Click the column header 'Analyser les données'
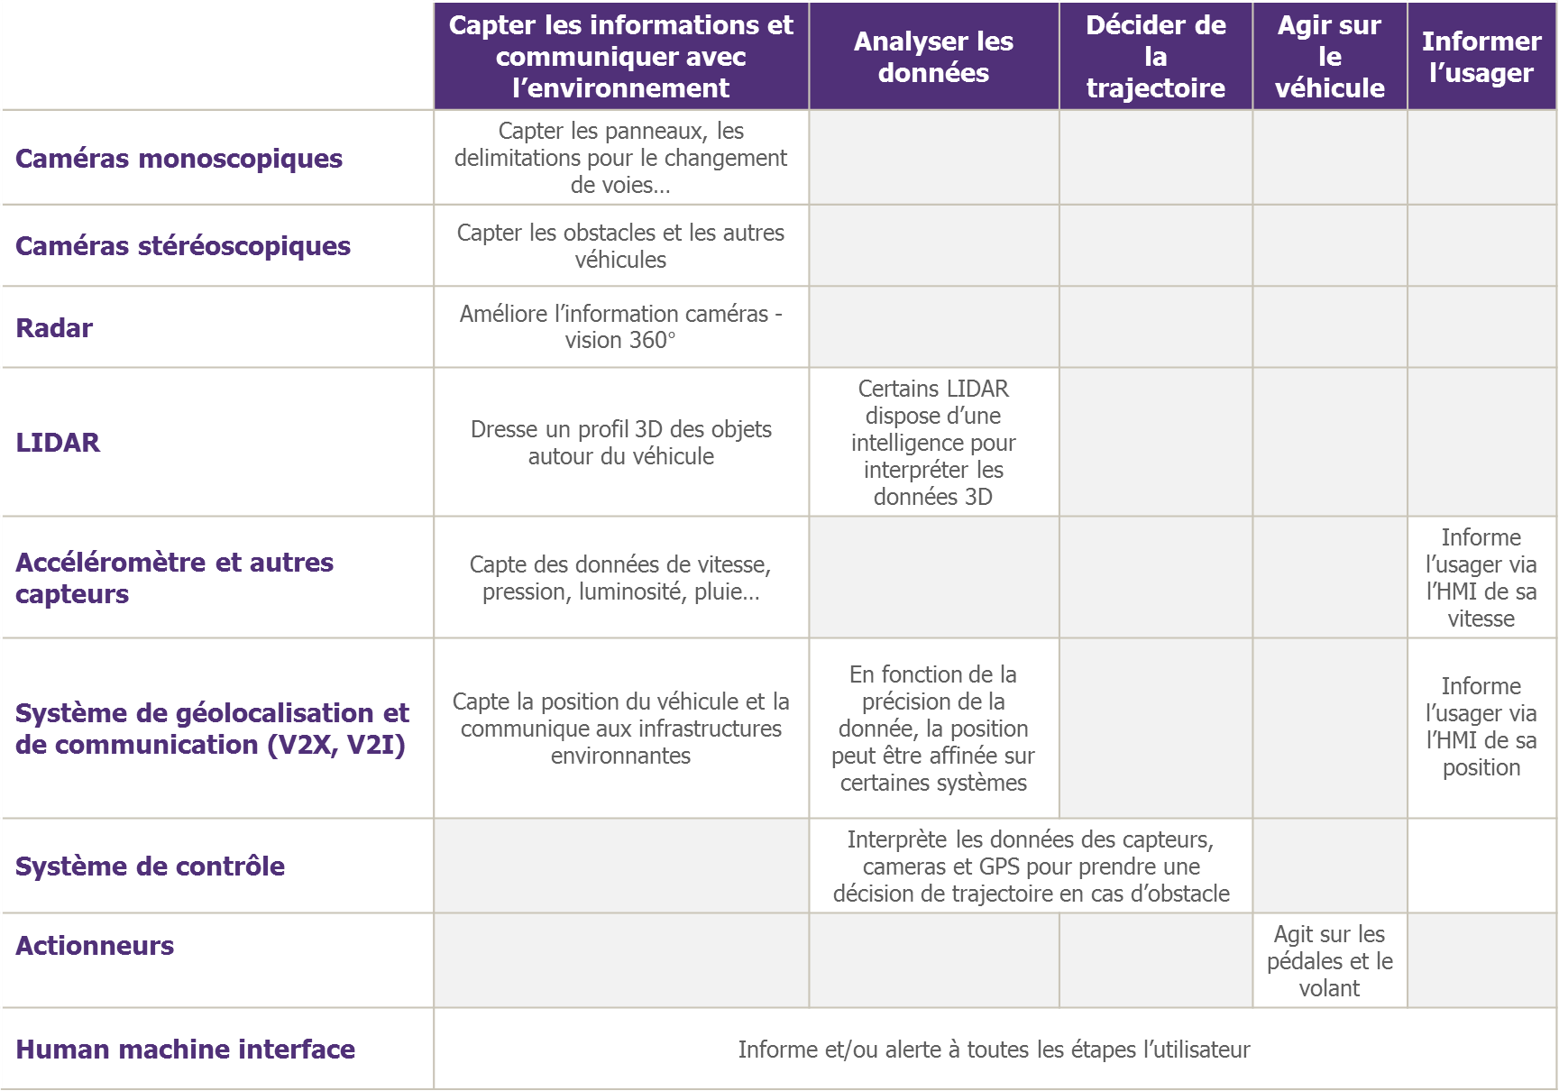[x=933, y=57]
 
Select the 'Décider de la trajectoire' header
[x=1155, y=57]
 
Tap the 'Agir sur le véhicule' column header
[x=1329, y=57]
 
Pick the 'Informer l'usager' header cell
[x=1481, y=57]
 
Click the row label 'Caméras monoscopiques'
[x=179, y=159]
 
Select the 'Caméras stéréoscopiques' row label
[x=183, y=246]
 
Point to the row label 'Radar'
[x=54, y=328]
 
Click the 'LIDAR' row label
[x=58, y=443]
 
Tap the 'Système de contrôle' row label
[x=150, y=866]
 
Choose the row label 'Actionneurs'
[x=95, y=946]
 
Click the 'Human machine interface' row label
[x=185, y=1050]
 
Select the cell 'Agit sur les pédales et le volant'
[x=1329, y=961]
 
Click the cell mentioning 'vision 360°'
[x=620, y=327]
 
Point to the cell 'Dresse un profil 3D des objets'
[x=620, y=443]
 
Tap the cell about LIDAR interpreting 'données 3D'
[x=933, y=443]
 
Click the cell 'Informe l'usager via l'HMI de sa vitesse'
[x=1481, y=578]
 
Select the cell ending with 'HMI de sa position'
[x=1481, y=727]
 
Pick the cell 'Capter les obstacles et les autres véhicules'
[x=620, y=246]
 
